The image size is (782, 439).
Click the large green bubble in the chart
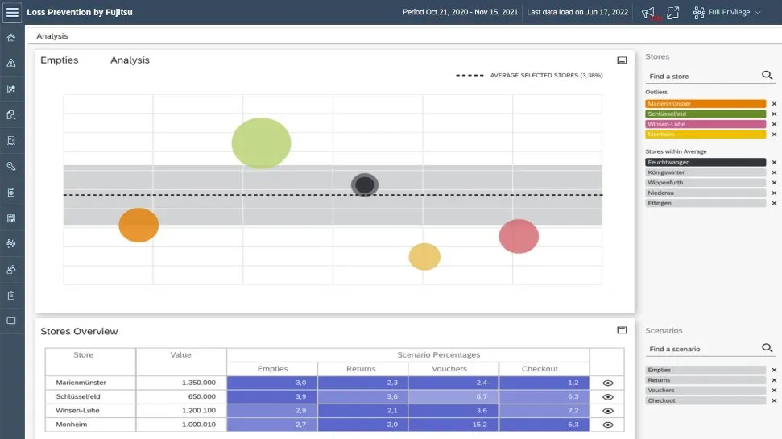[x=261, y=143]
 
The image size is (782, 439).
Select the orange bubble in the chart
[x=139, y=225]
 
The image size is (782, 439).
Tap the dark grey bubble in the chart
[x=365, y=184]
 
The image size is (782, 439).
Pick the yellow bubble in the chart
[x=424, y=256]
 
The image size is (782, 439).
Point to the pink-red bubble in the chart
[x=519, y=236]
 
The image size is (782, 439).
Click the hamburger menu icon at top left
[x=12, y=13]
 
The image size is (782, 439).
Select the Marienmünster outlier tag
[x=705, y=104]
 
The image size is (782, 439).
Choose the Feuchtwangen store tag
[x=705, y=162]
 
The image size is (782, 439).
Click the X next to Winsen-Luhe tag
[x=774, y=124]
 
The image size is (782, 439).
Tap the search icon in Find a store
[x=767, y=76]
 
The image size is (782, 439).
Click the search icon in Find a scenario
[x=767, y=348]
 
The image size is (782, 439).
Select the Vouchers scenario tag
[x=705, y=390]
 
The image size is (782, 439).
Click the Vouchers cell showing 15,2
[x=453, y=424]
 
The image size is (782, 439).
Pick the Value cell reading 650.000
[x=181, y=396]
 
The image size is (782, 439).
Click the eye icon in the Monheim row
[x=608, y=424]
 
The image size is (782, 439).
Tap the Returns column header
[x=361, y=369]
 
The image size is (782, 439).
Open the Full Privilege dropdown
[x=726, y=13]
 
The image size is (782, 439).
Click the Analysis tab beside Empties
[x=130, y=60]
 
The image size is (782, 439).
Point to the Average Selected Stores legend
[x=530, y=75]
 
